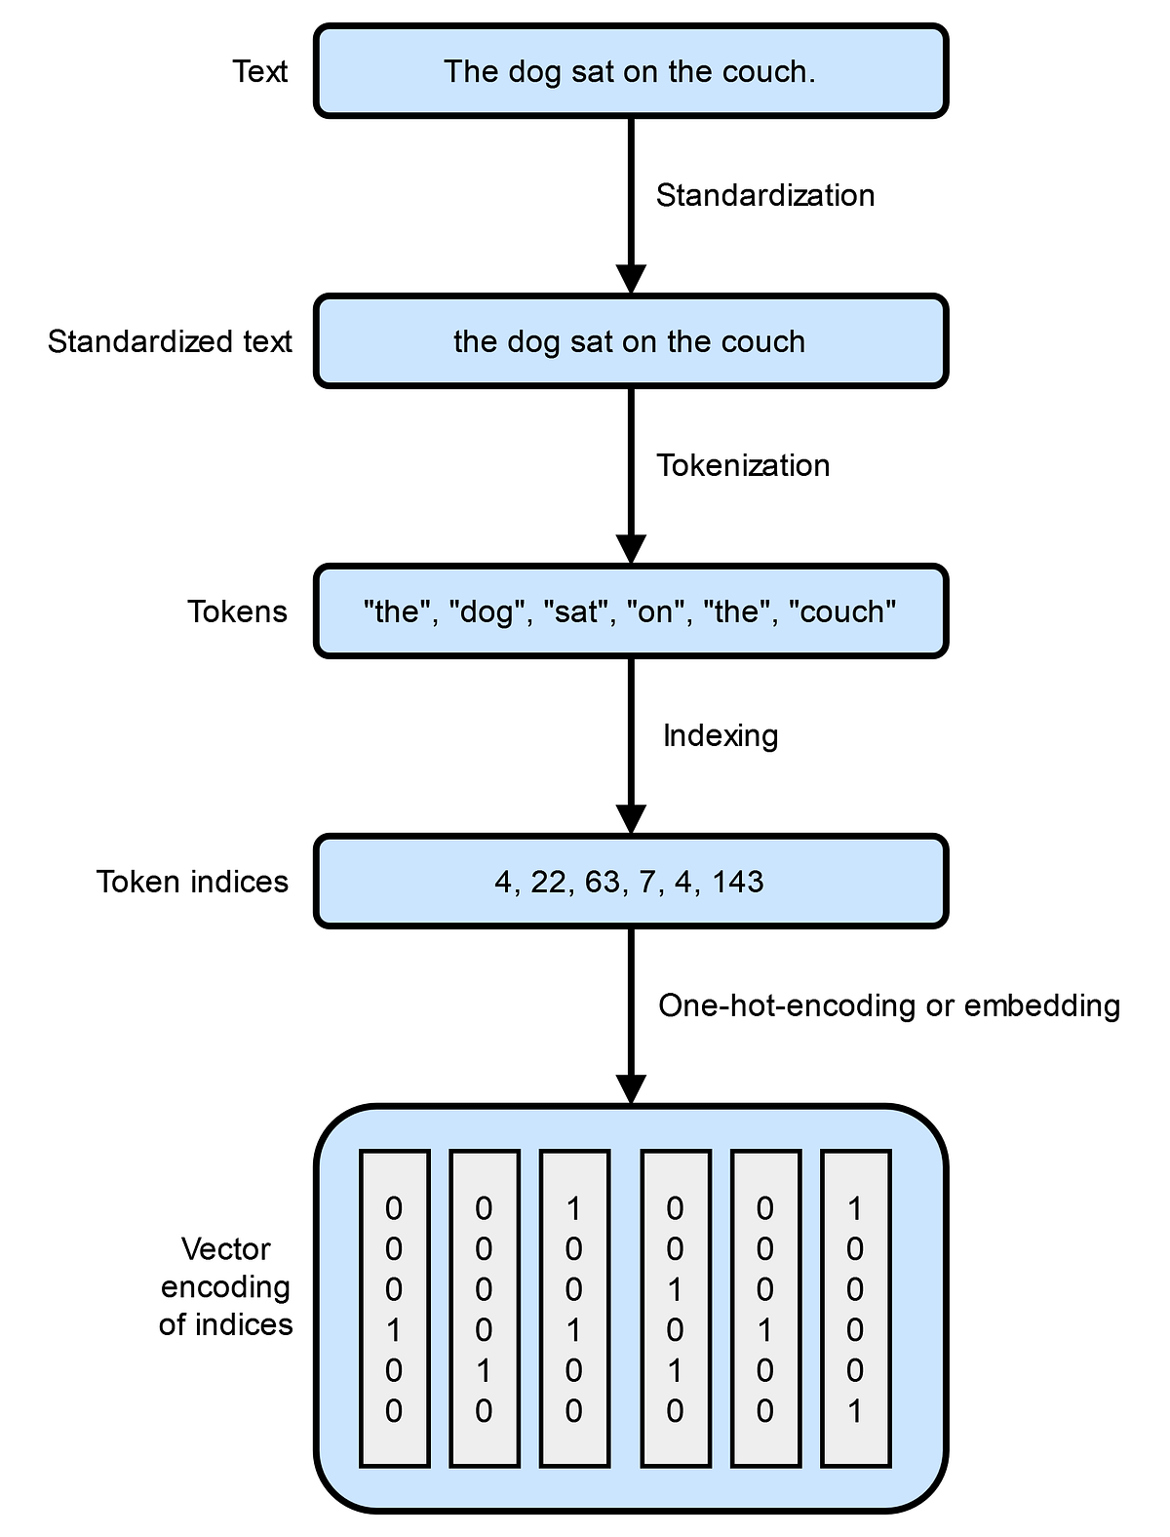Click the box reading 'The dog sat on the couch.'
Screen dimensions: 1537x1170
pyautogui.click(x=631, y=71)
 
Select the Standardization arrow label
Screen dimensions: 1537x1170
pyautogui.click(x=764, y=195)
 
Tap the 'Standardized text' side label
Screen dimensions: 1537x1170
pyautogui.click(x=170, y=341)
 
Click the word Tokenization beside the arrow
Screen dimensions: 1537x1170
pyautogui.click(x=743, y=465)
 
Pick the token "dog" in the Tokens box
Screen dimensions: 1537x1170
pyautogui.click(x=486, y=611)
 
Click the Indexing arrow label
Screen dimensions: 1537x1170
pyautogui.click(x=721, y=735)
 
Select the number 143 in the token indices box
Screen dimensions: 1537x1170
pyautogui.click(x=737, y=883)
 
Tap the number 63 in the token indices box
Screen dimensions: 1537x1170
pyautogui.click(x=603, y=883)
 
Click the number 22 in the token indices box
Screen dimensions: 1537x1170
pyautogui.click(x=549, y=883)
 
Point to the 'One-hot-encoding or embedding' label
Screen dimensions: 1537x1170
pyautogui.click(x=889, y=1005)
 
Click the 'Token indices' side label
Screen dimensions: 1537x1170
pyautogui.click(x=192, y=882)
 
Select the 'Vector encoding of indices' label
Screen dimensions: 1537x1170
pyautogui.click(x=226, y=1286)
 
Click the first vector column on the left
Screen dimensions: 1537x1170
pyautogui.click(x=394, y=1308)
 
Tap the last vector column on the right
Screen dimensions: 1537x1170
pyautogui.click(x=855, y=1308)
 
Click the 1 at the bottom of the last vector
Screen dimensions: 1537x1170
pyautogui.click(x=855, y=1410)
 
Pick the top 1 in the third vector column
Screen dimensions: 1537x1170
pyautogui.click(x=574, y=1208)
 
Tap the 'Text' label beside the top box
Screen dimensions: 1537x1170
pyautogui.click(x=259, y=71)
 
